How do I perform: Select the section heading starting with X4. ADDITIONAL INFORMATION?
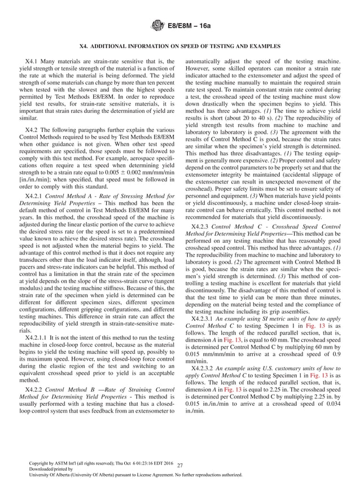tap(180, 45)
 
